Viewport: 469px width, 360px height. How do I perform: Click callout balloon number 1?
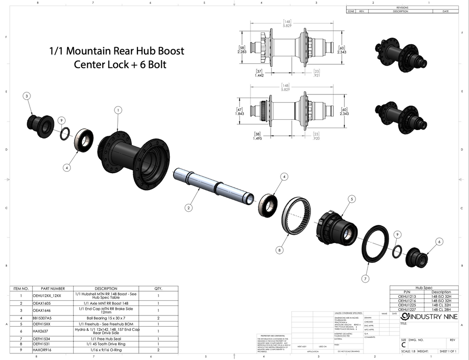(x=118, y=109)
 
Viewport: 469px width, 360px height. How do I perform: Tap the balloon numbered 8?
(x=280, y=251)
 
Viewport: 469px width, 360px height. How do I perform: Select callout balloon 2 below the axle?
(x=188, y=207)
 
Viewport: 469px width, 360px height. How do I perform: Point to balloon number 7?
(x=365, y=278)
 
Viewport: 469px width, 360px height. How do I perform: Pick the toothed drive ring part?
(x=297, y=216)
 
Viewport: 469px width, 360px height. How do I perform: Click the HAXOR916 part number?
(x=43, y=349)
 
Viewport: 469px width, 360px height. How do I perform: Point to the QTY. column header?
(x=158, y=289)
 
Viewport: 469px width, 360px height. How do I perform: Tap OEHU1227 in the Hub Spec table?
(x=407, y=309)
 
